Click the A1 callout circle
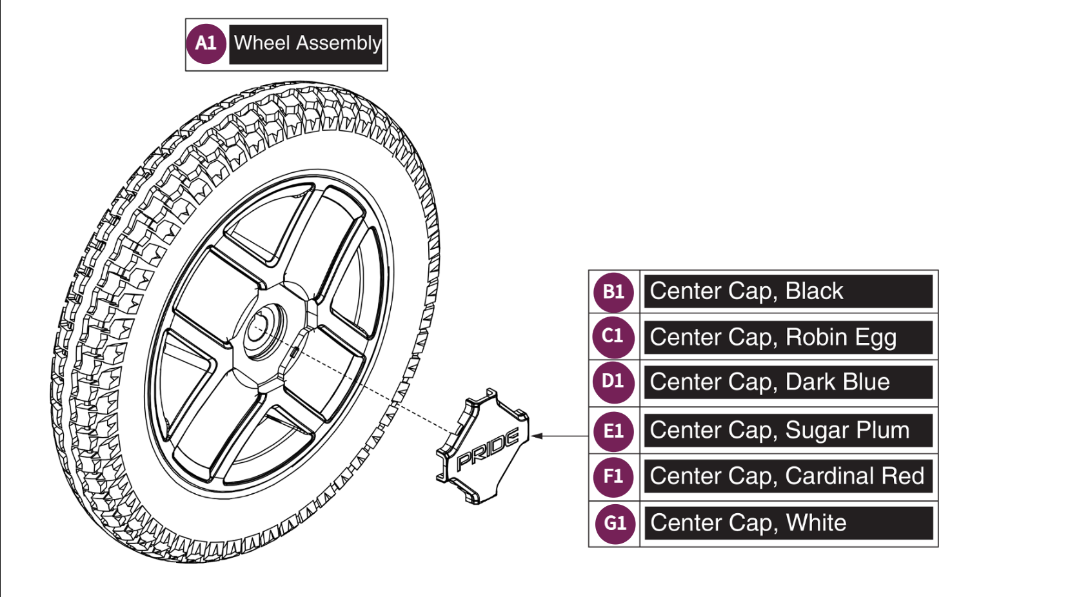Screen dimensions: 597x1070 point(205,44)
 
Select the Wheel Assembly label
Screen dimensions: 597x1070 point(306,44)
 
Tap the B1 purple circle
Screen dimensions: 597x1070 point(613,292)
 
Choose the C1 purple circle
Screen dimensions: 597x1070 point(613,337)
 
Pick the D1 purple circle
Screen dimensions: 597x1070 point(613,382)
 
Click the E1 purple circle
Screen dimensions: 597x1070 point(613,431)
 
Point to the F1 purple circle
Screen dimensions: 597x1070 point(613,476)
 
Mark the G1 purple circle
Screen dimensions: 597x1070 point(614,523)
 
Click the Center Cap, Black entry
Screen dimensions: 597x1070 point(788,291)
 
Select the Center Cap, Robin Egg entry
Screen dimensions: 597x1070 point(788,337)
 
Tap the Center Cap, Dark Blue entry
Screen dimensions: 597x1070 point(788,382)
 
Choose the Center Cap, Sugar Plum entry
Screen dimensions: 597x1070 point(788,431)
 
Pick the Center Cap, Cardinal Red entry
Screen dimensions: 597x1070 point(788,476)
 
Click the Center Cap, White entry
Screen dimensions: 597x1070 point(788,523)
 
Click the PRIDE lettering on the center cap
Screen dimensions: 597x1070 point(488,450)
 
